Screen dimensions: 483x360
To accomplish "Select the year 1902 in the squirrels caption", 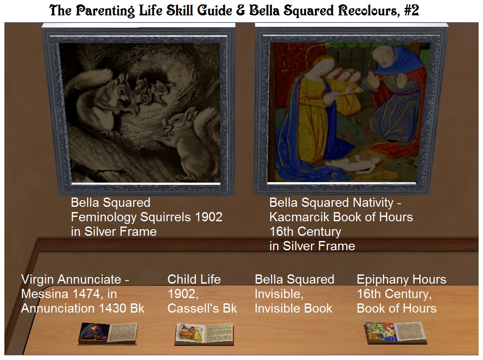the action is click(x=209, y=217).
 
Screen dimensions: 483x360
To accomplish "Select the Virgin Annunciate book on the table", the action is click(x=108, y=334).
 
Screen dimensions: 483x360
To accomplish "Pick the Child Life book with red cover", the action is click(x=205, y=334).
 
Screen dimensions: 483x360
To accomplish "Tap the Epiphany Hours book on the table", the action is click(x=395, y=333).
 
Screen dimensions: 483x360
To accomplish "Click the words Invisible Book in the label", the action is click(x=294, y=308).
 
